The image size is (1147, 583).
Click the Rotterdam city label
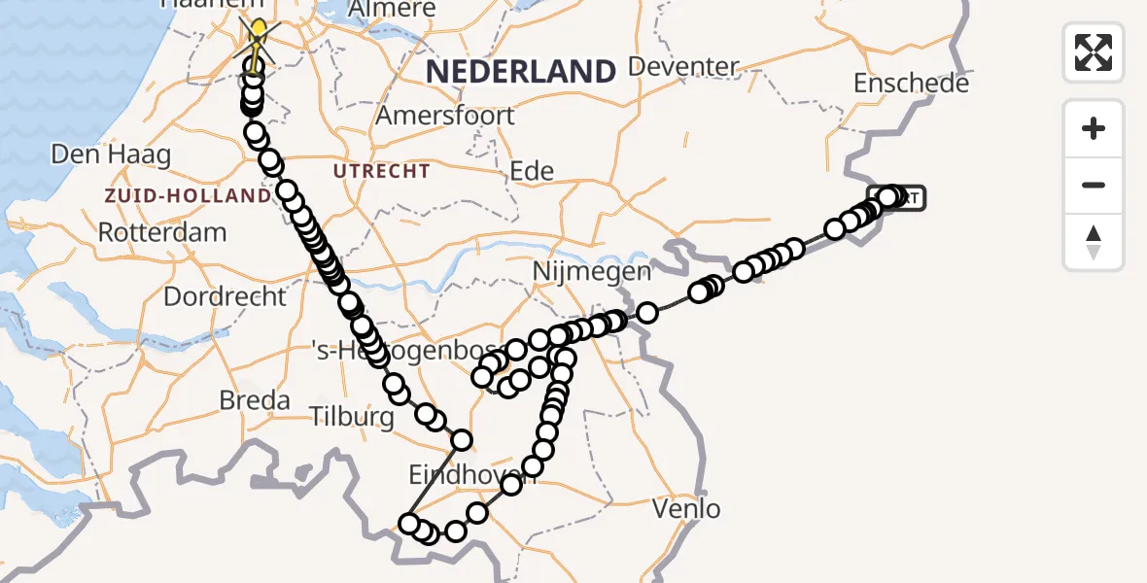(162, 233)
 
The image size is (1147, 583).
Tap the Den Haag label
(111, 154)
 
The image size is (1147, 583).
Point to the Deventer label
(684, 67)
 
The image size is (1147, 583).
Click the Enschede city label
(911, 84)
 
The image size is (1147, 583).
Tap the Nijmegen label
(592, 272)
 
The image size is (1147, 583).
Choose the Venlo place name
(686, 508)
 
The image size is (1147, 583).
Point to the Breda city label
(255, 400)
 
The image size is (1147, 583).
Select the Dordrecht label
(226, 296)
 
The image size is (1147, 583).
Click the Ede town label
(532, 172)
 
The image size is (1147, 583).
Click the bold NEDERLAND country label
(521, 71)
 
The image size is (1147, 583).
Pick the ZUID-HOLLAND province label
(189, 196)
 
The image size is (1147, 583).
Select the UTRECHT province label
(381, 172)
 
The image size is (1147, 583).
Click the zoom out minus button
(1094, 185)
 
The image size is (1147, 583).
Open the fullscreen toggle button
(1094, 52)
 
